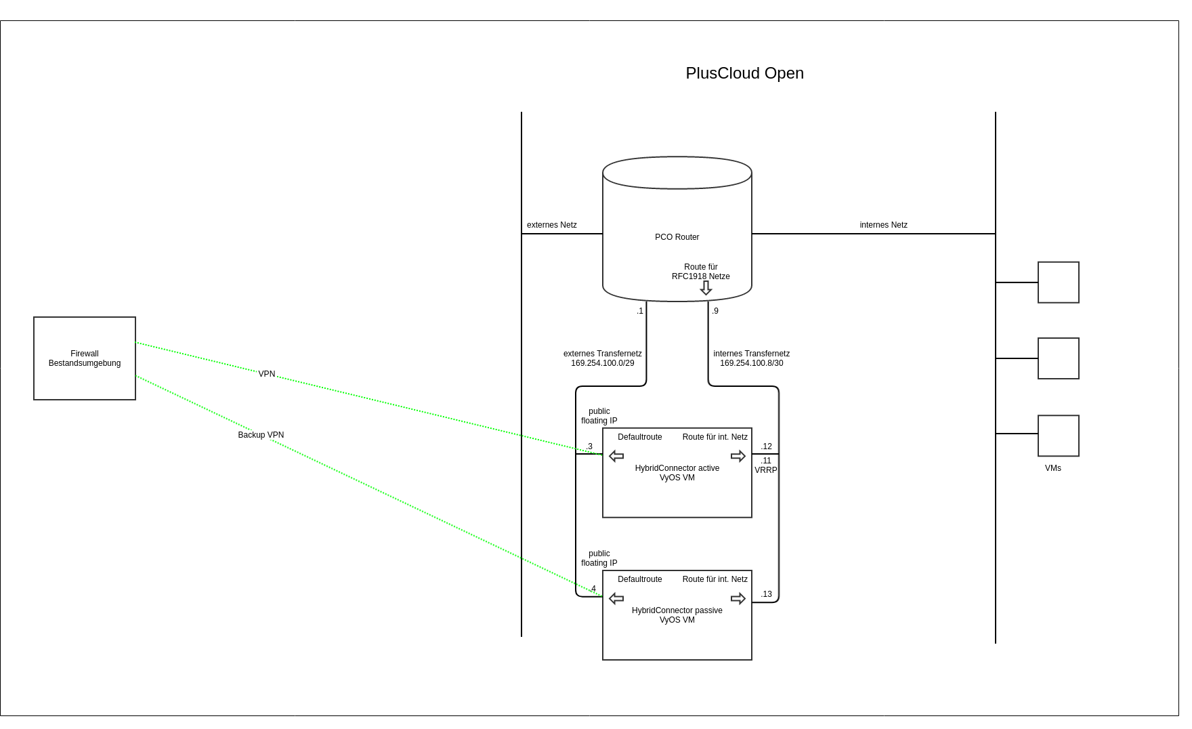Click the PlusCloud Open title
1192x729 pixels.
tap(744, 73)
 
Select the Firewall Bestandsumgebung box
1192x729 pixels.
tap(85, 358)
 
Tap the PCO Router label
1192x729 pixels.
tap(677, 237)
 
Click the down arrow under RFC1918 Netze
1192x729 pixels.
tap(706, 289)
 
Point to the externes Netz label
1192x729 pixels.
tap(551, 225)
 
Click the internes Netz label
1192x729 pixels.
tap(883, 225)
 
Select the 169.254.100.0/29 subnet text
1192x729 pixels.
tap(602, 363)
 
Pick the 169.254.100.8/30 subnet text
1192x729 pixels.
tap(751, 363)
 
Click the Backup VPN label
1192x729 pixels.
tap(261, 435)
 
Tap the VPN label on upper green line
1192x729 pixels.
tap(266, 374)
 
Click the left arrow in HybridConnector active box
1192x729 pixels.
tap(616, 456)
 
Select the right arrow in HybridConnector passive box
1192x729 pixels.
tap(738, 598)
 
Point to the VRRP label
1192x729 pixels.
tap(766, 470)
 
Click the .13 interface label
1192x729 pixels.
tap(766, 594)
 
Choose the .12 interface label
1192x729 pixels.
tap(766, 446)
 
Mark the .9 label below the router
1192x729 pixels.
tap(715, 311)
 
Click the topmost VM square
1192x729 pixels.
tap(1058, 283)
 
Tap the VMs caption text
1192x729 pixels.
tap(1052, 468)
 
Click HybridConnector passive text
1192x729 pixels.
tap(677, 610)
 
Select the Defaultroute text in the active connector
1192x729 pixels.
tap(639, 437)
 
